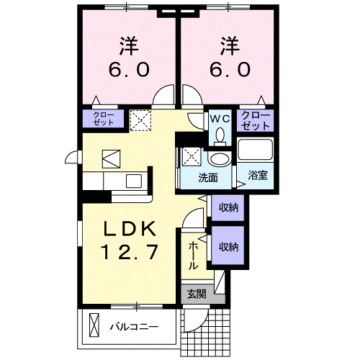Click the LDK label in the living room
[x=130, y=228]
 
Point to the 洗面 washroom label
[x=209, y=177]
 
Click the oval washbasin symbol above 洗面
[x=217, y=159]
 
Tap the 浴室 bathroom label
[x=257, y=175]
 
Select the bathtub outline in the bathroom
[x=256, y=151]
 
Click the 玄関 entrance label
[x=197, y=294]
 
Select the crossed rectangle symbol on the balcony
[x=93, y=326]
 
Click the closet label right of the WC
[x=256, y=120]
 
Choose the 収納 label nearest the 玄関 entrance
[x=228, y=246]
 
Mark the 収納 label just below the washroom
[x=228, y=207]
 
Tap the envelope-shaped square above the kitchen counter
[x=112, y=156]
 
